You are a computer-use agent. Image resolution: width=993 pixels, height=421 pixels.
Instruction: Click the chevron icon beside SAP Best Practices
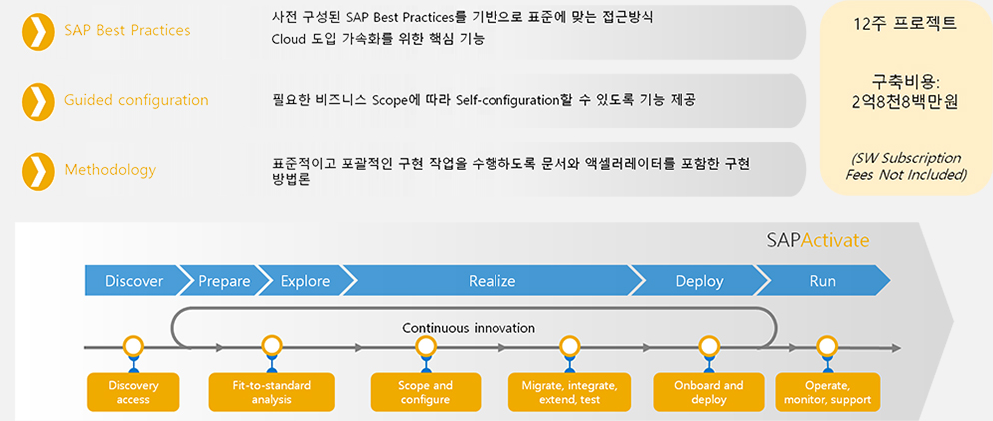pos(37,31)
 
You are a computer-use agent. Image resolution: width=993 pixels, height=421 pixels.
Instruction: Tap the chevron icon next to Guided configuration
pos(37,100)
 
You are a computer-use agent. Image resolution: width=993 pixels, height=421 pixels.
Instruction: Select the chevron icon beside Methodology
pos(37,170)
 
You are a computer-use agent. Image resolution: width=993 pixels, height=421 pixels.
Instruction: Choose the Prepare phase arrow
pos(224,281)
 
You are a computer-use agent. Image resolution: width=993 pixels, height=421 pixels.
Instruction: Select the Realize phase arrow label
pos(493,281)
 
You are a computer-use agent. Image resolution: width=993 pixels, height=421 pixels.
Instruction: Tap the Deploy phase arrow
pos(699,281)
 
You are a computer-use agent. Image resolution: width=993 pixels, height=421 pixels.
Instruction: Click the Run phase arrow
pos(823,281)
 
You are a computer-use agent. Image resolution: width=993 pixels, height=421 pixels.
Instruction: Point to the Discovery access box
pos(133,392)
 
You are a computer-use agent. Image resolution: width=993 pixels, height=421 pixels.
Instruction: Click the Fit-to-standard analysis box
pos(271,392)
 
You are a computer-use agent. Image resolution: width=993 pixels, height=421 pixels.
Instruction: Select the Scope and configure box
pos(425,392)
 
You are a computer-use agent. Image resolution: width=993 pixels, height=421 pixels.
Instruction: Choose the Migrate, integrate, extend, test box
pos(570,392)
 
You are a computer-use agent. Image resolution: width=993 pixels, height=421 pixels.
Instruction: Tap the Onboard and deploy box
pos(708,392)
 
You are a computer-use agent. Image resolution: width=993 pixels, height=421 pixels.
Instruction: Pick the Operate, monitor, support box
pos(828,392)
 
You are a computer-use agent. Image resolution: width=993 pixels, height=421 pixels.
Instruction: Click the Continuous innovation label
pos(469,328)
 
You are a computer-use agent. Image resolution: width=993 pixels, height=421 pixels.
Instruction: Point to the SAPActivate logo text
pos(817,240)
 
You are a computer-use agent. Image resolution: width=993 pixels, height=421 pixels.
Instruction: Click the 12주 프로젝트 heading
pos(906,25)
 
